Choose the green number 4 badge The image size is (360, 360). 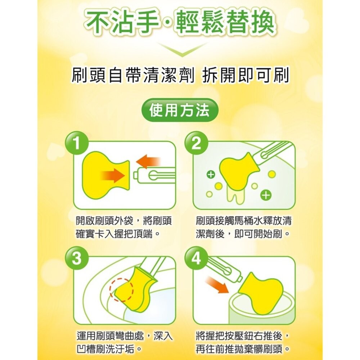[x=196, y=259]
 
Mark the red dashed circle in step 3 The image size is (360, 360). [x=122, y=290]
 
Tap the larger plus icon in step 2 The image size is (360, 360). [x=265, y=195]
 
